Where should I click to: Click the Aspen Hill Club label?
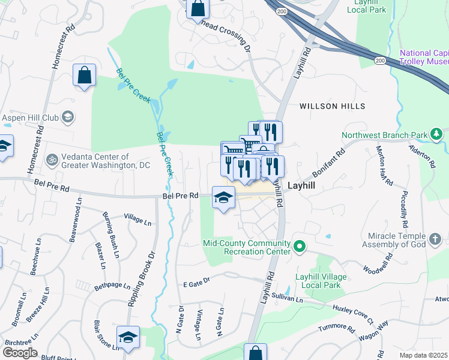[30, 118]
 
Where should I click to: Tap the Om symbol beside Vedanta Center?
[52, 160]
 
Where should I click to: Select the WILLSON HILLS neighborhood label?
[332, 106]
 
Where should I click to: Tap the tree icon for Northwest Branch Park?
[439, 134]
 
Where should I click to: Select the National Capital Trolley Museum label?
[424, 58]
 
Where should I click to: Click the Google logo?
[20, 353]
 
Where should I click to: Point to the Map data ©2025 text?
[423, 355]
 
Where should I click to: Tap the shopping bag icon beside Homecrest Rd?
[85, 76]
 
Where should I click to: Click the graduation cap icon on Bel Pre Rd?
[223, 197]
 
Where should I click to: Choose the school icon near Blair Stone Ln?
[127, 338]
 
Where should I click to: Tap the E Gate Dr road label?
[196, 281]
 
